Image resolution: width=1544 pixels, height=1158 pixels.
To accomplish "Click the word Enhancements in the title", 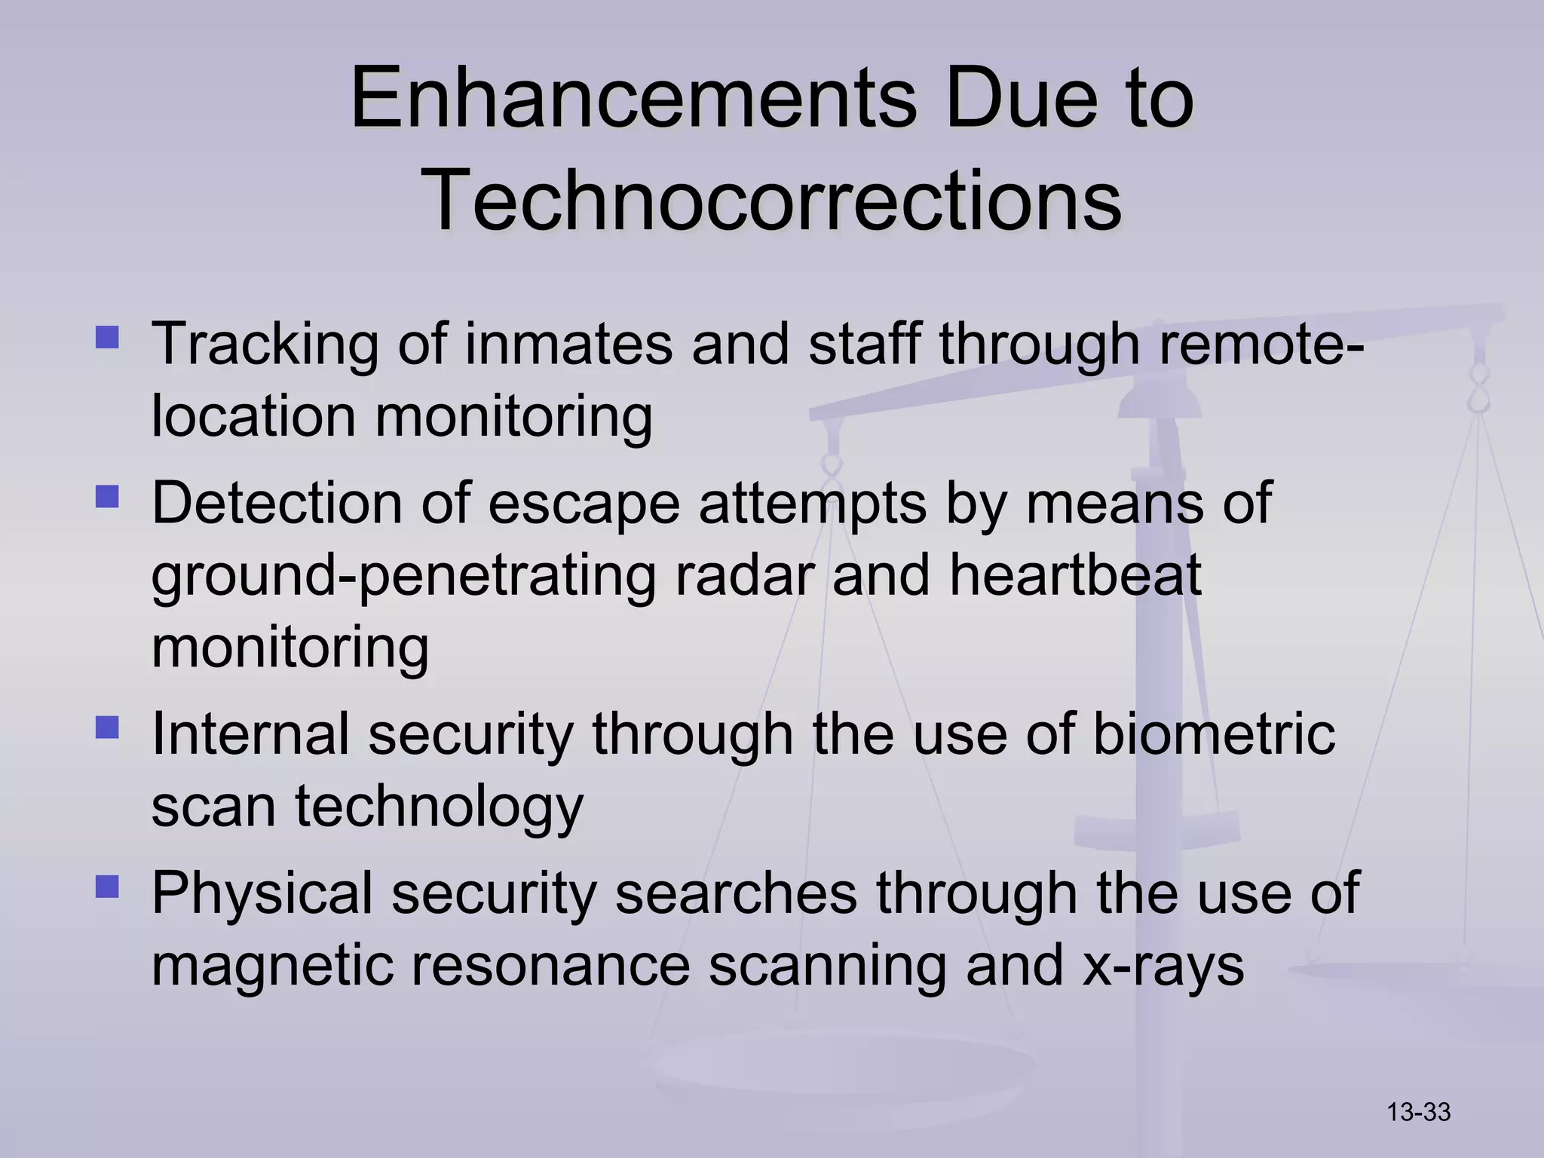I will coord(633,99).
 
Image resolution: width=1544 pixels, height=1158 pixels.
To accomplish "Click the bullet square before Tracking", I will coord(108,336).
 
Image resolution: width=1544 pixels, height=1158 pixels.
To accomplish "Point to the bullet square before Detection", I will coord(108,497).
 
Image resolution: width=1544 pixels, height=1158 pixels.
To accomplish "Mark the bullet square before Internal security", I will coord(108,728).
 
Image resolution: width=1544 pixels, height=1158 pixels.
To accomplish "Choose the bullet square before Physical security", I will coord(108,886).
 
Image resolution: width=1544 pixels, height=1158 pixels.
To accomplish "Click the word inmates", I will coord(568,345).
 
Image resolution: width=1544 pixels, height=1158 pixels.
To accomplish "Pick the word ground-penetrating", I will coord(403,577).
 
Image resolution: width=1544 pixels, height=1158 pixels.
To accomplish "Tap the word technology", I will coord(439,807).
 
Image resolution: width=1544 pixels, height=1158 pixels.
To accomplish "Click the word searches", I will coord(736,893).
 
